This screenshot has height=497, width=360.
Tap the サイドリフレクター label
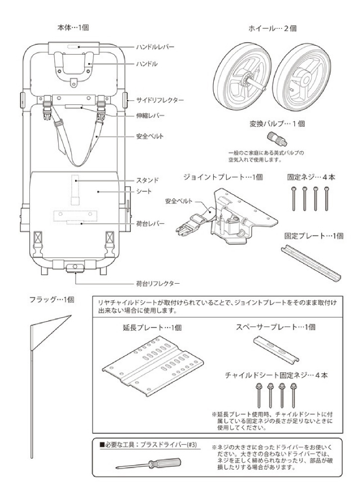[160, 100]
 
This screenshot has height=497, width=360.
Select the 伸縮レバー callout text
[150, 116]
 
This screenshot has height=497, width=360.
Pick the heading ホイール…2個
[272, 29]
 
